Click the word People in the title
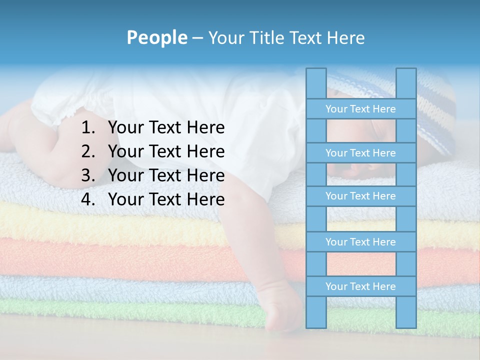(x=156, y=37)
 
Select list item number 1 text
(x=166, y=128)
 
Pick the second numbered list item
(x=166, y=151)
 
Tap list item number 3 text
(x=166, y=175)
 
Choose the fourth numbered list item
(x=166, y=199)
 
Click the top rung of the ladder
(x=360, y=109)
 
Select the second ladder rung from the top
(x=360, y=153)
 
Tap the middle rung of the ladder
(x=360, y=196)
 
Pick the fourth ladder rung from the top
(x=360, y=242)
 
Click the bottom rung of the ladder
(x=360, y=286)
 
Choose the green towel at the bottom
(x=125, y=312)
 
